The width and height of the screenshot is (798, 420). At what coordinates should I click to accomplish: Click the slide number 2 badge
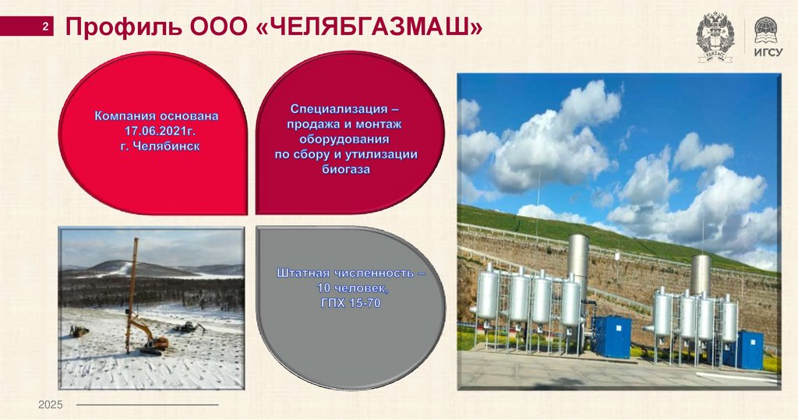point(46,28)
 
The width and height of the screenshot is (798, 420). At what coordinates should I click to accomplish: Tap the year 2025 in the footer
point(50,405)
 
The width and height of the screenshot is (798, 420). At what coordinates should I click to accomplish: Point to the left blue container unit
point(612,337)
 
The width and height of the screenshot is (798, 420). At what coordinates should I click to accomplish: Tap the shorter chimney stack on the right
point(701,273)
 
